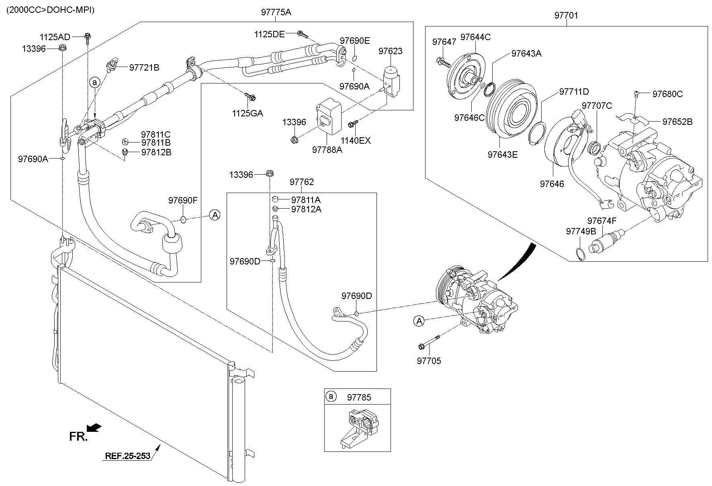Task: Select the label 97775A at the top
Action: click(276, 12)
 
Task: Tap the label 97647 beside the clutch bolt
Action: click(444, 42)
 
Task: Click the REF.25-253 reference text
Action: click(127, 456)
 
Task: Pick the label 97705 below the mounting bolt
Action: click(429, 361)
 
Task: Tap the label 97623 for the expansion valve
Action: click(390, 51)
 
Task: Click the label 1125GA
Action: click(248, 113)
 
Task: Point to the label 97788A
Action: click(327, 150)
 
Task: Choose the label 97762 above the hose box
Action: click(301, 182)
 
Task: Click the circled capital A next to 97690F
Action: click(215, 215)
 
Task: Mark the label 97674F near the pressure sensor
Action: click(602, 221)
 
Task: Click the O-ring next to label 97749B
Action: click(579, 254)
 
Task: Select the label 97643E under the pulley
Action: click(503, 155)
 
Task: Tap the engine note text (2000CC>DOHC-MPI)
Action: click(50, 10)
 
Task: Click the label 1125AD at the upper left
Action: click(55, 37)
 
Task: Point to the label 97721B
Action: click(144, 67)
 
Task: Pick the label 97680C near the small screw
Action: click(667, 94)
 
